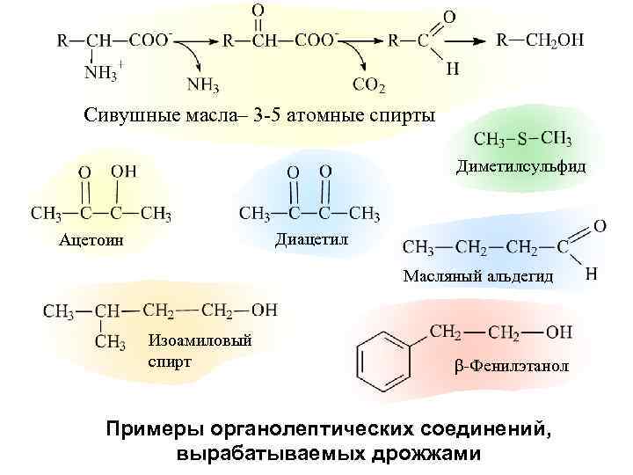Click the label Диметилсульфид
point(520,167)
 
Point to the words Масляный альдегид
point(478,276)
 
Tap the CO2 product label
point(369,84)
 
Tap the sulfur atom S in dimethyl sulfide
point(522,139)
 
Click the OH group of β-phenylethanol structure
point(559,332)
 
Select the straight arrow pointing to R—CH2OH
point(465,40)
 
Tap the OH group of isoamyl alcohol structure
point(264,310)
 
